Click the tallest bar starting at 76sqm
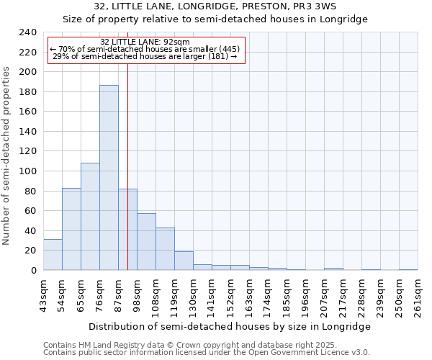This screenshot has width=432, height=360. coord(109,178)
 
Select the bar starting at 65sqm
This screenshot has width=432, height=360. coord(90,217)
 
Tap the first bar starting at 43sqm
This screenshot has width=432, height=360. coord(53,255)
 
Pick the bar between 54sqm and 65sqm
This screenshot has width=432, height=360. coord(71,229)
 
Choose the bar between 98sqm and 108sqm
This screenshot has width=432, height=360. coord(146,242)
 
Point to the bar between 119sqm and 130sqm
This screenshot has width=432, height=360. coord(184,261)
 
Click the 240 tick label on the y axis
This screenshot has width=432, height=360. coord(28,32)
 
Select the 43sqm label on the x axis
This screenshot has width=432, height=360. coord(44,295)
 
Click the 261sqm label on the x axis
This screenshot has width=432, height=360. coord(418,295)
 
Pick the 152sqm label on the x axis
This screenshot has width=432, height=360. coord(231,295)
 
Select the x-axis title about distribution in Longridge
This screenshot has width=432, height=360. coord(230,326)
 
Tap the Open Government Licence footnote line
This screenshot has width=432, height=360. coord(206,353)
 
